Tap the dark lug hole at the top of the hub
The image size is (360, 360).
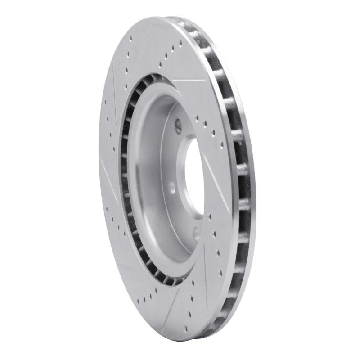click(178, 125)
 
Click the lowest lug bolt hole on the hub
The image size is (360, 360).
click(195, 232)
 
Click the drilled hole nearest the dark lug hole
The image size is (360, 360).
click(197, 118)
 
